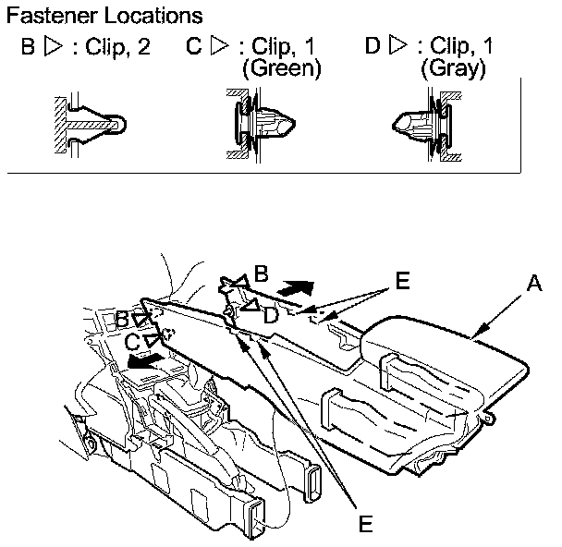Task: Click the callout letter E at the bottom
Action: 365,524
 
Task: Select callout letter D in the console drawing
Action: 270,316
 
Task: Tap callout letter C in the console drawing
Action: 133,341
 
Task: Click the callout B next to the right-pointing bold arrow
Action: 262,273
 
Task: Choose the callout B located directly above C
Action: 122,318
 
